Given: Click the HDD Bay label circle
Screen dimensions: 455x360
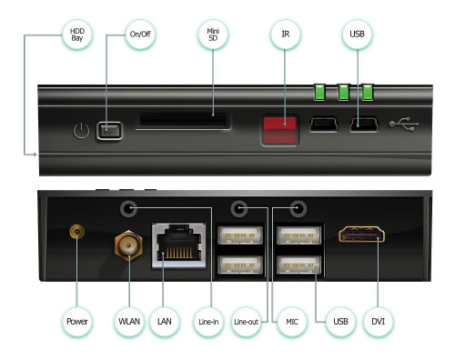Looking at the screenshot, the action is click(x=77, y=35).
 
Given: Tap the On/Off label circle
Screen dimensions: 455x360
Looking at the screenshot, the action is click(x=140, y=35).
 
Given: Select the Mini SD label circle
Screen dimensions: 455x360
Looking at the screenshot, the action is click(x=213, y=35).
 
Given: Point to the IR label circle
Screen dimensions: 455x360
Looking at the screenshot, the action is click(x=285, y=35).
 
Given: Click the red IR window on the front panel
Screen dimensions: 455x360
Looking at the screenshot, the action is click(x=279, y=130).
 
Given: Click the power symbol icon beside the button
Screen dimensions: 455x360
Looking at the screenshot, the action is click(x=81, y=131).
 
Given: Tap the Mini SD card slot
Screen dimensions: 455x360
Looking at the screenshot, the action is click(x=183, y=120).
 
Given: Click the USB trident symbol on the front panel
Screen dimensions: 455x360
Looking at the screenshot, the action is click(x=404, y=125).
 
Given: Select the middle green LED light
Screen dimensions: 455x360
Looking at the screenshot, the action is click(x=344, y=92).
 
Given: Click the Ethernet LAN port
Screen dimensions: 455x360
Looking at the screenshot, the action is click(x=179, y=245).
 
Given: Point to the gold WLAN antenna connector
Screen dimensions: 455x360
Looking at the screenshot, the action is click(x=128, y=245).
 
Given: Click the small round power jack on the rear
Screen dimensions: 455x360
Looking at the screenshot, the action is click(x=77, y=233).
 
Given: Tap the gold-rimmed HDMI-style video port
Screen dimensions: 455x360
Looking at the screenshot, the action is click(x=361, y=235).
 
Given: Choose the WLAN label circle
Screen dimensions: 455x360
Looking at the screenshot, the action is click(x=129, y=322).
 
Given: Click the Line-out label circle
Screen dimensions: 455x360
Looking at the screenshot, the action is click(x=246, y=322).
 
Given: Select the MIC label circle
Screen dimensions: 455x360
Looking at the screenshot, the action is click(x=292, y=322).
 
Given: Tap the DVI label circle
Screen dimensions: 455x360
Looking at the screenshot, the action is click(x=378, y=322).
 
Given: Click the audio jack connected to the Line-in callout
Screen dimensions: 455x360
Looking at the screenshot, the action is click(x=128, y=208).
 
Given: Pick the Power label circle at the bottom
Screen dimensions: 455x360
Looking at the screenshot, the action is click(x=77, y=322).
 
